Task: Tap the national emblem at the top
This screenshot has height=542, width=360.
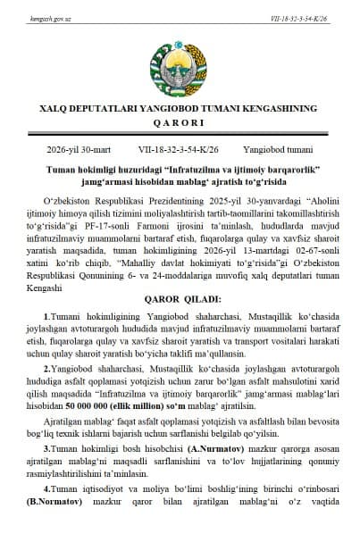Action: tap(179, 63)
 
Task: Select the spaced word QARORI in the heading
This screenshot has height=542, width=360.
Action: tap(179, 123)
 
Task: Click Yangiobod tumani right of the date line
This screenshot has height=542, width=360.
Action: tap(281, 151)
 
